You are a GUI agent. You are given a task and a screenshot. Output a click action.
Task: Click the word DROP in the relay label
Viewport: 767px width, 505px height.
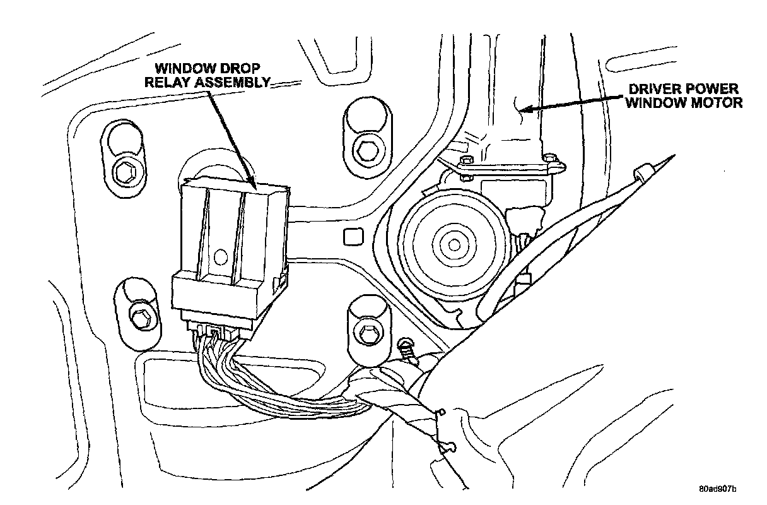point(235,68)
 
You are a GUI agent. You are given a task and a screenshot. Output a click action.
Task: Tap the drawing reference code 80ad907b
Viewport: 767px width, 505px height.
point(717,489)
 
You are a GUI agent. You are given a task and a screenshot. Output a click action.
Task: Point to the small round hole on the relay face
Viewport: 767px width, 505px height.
point(220,256)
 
